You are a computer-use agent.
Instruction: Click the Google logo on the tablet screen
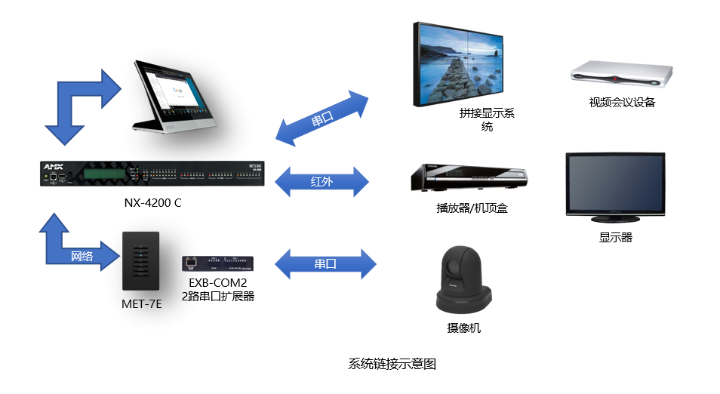(178, 91)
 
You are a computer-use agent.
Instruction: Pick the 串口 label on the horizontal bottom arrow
(325, 264)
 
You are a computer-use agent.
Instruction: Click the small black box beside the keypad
(217, 263)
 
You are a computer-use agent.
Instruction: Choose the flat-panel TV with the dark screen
(616, 184)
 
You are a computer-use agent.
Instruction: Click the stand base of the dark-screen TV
(616, 219)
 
